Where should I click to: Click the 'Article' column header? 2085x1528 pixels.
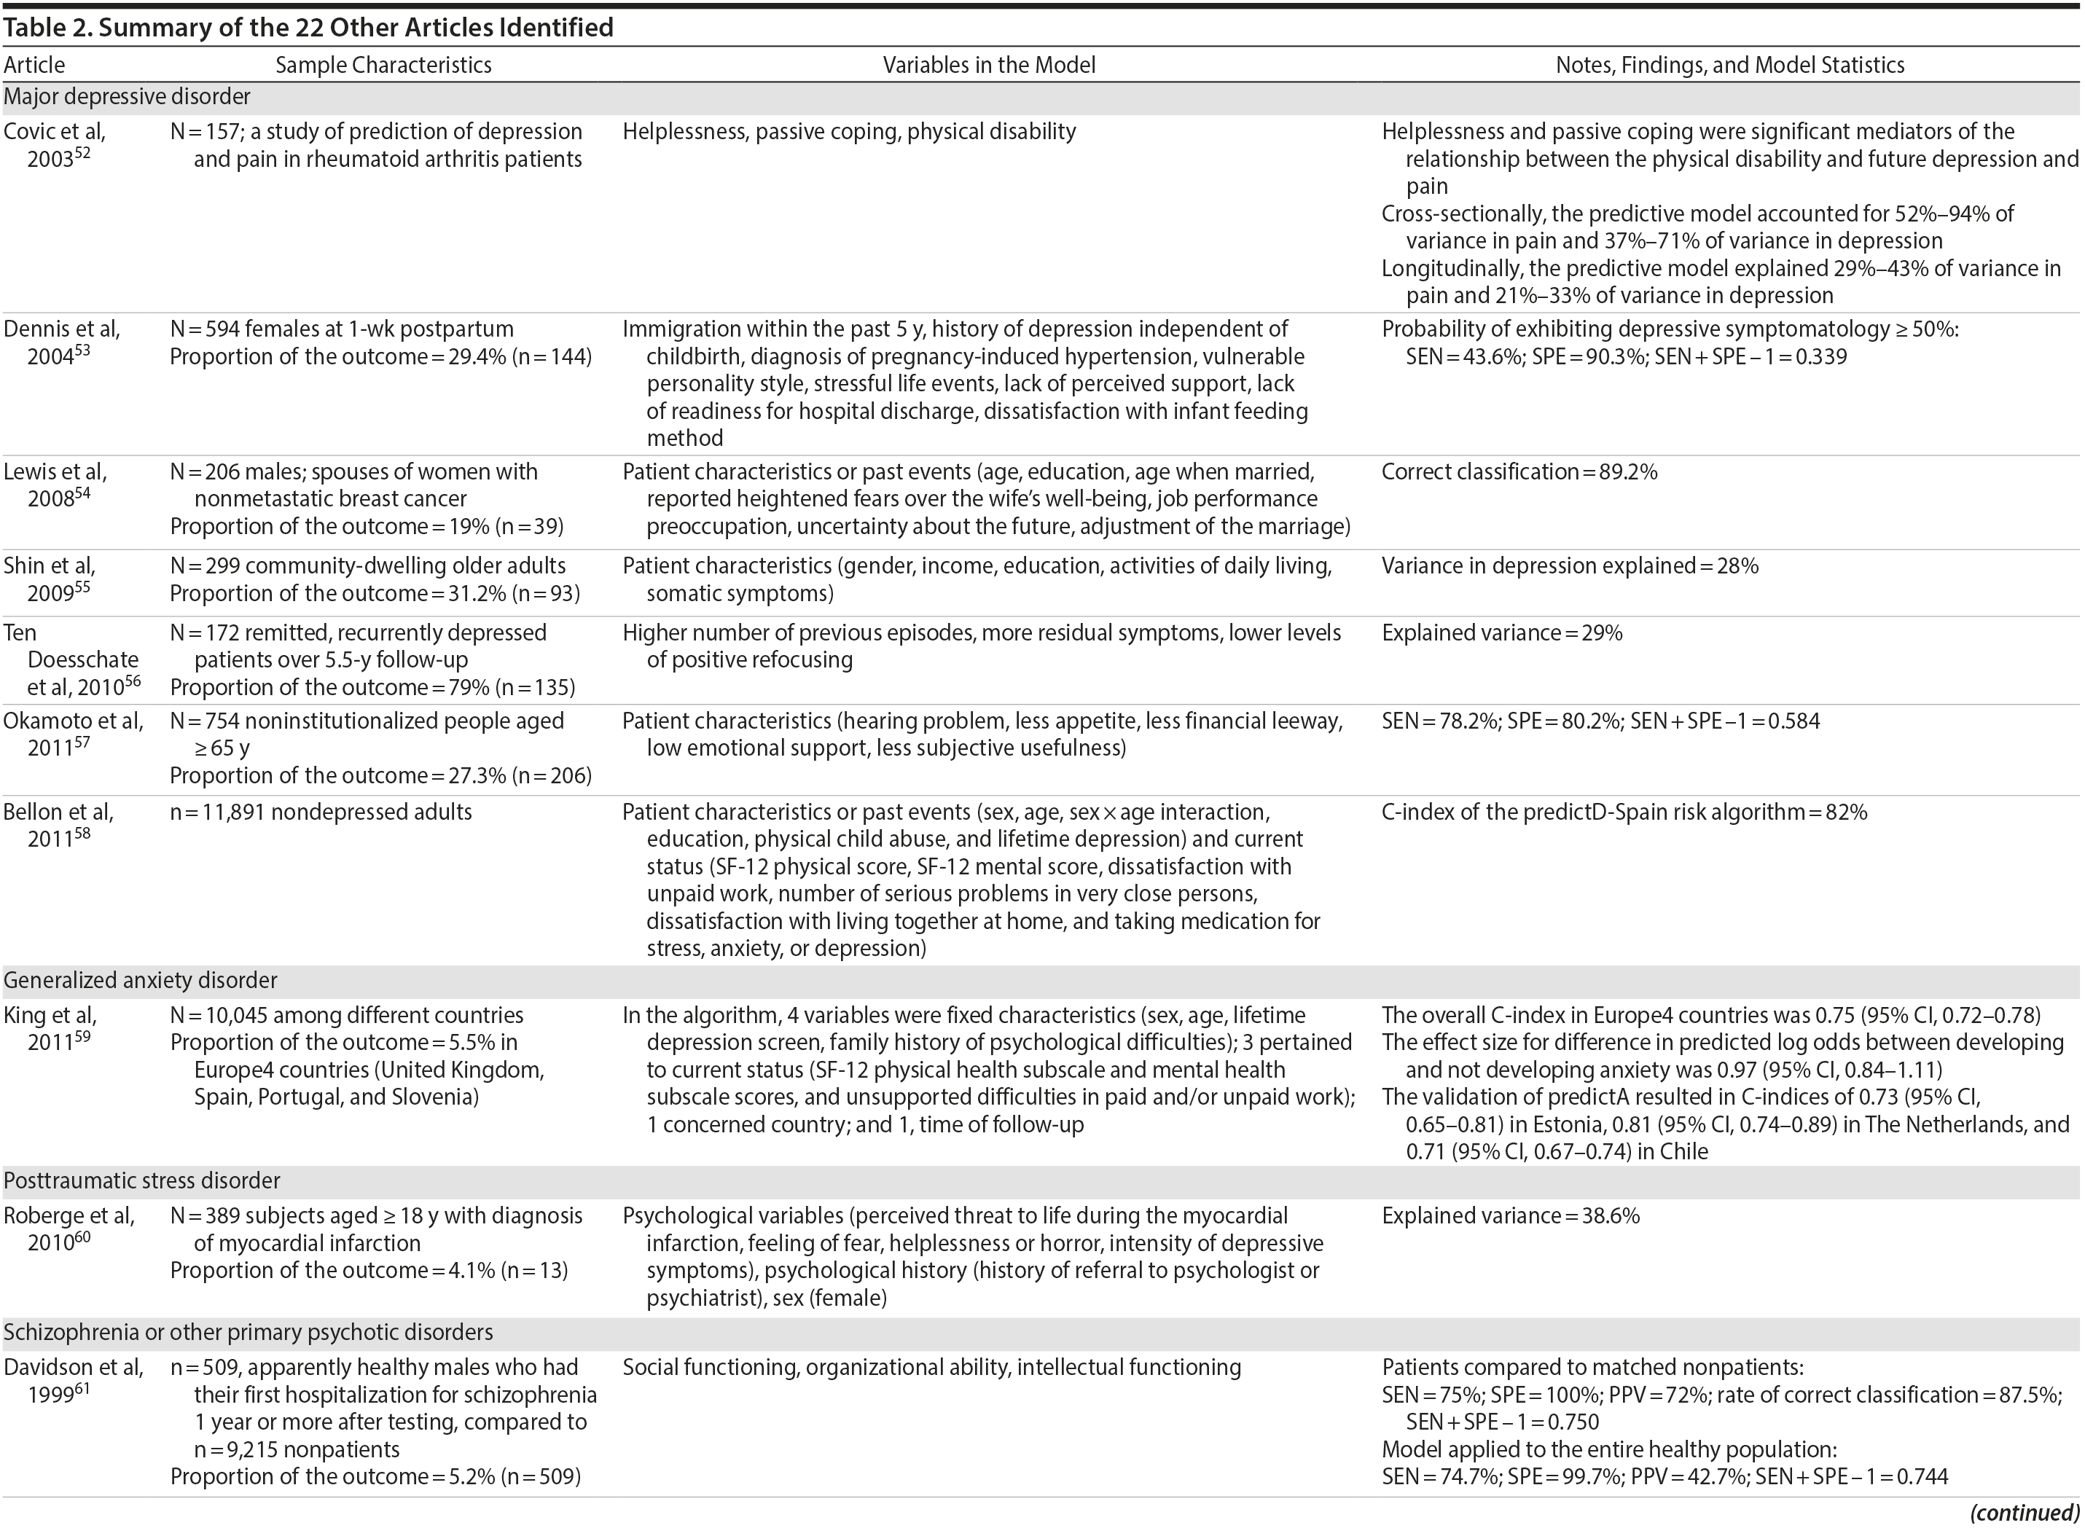34,65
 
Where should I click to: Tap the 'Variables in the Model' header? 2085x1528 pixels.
988,65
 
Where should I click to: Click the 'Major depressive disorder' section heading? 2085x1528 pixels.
127,96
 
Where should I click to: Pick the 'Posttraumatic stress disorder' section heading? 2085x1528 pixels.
141,1180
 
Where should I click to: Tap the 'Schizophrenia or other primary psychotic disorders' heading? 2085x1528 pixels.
248,1332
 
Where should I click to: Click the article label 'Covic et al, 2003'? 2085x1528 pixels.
55,144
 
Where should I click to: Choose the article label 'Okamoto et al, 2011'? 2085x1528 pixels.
72,734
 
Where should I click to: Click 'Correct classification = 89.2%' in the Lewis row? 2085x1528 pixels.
1519,471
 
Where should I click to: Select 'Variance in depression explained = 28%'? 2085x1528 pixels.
1569,566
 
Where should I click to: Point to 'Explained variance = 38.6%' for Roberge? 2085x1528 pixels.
1509,1215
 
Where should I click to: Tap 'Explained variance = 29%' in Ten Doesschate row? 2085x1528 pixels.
1501,632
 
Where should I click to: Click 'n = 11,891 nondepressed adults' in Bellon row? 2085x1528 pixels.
320,812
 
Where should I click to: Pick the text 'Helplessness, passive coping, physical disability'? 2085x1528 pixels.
848,131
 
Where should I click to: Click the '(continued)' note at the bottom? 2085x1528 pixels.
2024,1512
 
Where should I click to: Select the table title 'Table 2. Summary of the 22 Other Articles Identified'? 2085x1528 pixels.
308,28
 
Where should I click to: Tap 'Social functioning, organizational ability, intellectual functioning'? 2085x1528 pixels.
931,1367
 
